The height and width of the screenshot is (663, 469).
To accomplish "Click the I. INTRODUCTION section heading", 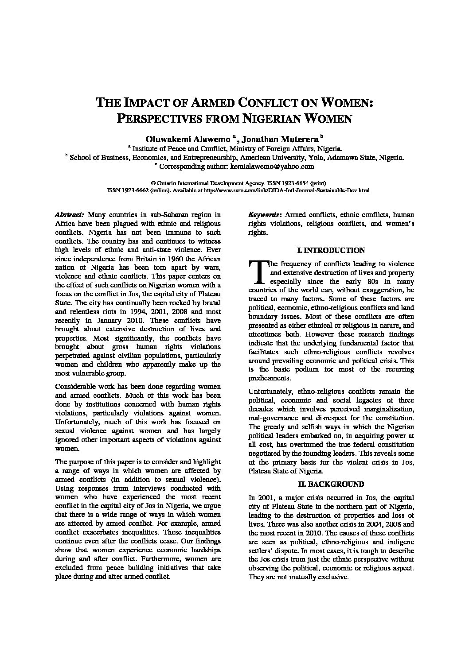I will [x=331, y=250].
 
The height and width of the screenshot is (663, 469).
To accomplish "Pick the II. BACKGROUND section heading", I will [x=331, y=484].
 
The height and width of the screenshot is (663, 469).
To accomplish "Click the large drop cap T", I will [x=257, y=271].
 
